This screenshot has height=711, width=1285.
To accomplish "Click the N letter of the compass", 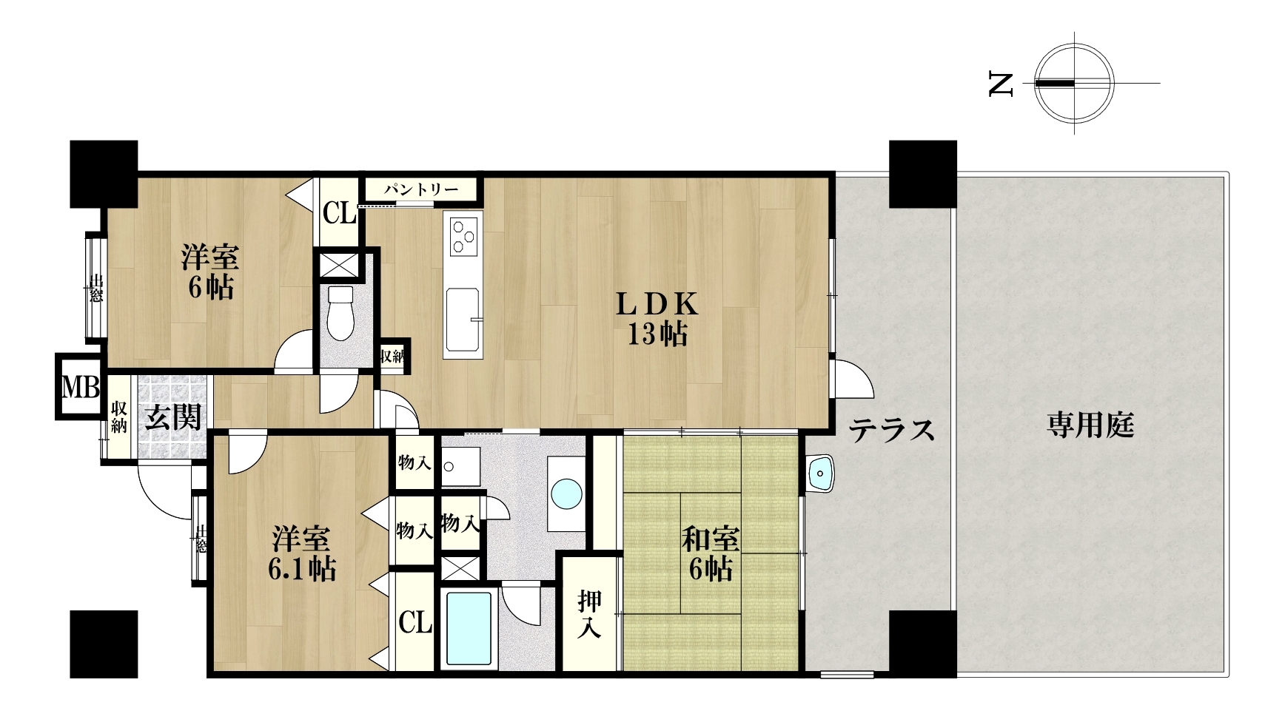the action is (x=1000, y=84).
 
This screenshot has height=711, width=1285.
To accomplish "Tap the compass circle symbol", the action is (x=1075, y=83).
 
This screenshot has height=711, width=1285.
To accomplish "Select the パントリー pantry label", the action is (x=420, y=189).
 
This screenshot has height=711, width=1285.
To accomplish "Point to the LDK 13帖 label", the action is (x=657, y=320).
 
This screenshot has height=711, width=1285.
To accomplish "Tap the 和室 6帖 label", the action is (x=710, y=554).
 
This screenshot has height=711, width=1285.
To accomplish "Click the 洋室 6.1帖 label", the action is (x=303, y=553).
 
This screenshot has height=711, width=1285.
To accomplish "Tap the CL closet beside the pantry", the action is (x=340, y=215).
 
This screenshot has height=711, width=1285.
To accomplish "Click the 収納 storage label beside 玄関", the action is (x=118, y=417).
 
